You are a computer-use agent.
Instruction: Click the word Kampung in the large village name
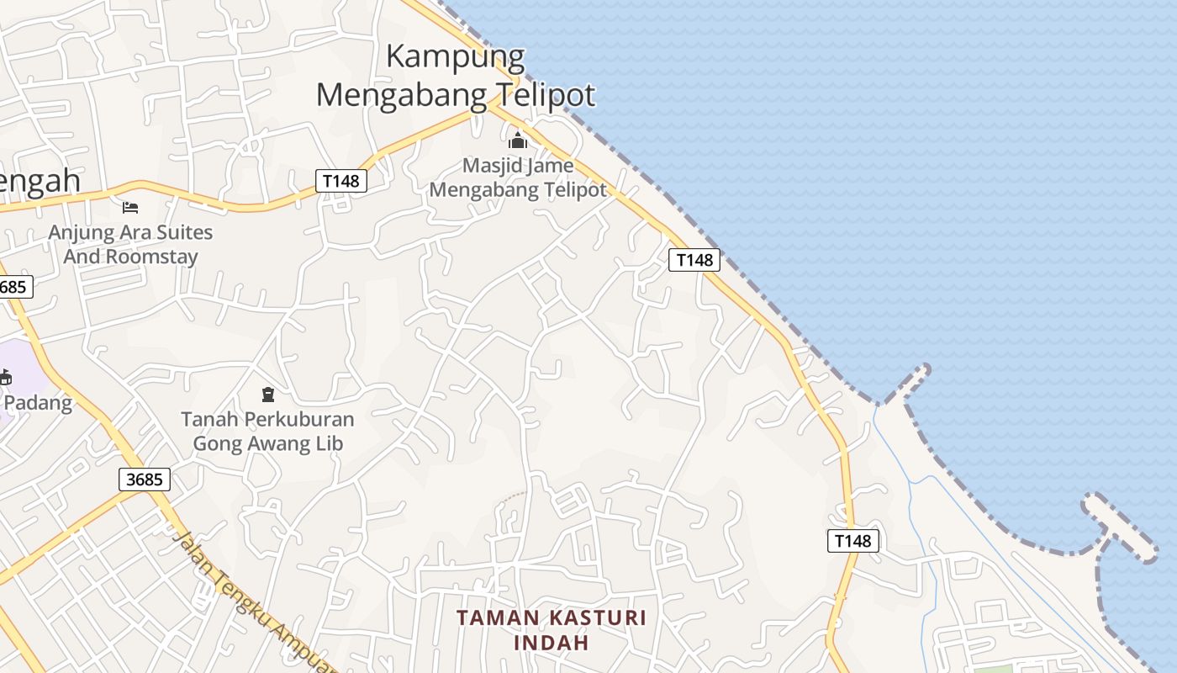[456, 57]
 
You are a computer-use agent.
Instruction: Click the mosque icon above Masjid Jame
[518, 140]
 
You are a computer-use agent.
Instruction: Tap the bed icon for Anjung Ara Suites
[130, 207]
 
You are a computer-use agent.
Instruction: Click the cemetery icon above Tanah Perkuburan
[268, 394]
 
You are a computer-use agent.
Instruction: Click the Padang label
[39, 402]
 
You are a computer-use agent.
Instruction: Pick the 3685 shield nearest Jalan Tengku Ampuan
[145, 480]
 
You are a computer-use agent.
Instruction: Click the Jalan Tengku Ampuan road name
[252, 601]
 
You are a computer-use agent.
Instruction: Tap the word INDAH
[551, 643]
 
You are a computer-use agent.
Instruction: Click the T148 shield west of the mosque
[341, 181]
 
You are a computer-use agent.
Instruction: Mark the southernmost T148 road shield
[853, 541]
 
